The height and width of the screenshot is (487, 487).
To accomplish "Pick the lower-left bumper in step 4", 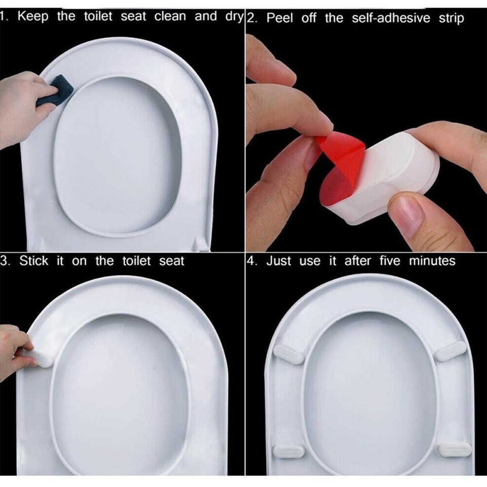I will [289, 449].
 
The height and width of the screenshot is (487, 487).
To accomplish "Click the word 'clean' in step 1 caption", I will [169, 16].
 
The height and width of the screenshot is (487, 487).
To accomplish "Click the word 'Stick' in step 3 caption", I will [34, 261].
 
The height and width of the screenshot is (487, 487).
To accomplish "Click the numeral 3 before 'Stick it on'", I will [4, 261].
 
